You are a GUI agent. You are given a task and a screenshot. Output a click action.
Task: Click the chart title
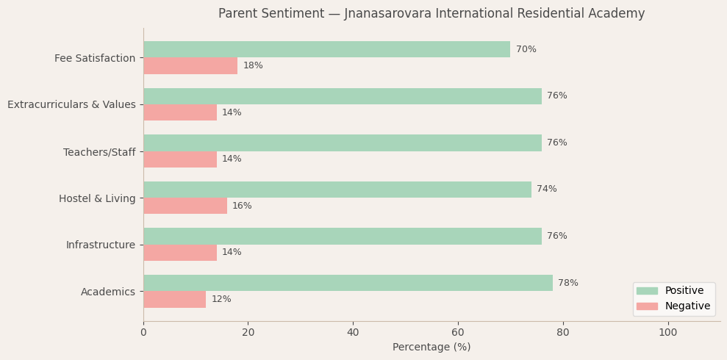click(x=431, y=14)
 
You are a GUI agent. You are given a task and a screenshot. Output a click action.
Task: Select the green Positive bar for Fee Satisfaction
click(x=326, y=49)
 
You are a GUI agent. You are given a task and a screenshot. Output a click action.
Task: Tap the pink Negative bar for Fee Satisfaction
click(x=190, y=66)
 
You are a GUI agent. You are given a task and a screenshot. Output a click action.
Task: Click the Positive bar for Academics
click(x=348, y=283)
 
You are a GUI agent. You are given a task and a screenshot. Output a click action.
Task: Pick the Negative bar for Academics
click(x=174, y=299)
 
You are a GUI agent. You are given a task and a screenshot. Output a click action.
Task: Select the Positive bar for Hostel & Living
click(x=337, y=190)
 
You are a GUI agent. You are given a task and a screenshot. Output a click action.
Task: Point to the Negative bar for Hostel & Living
click(x=185, y=206)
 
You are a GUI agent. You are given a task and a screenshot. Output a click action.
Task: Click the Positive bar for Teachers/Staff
click(x=342, y=143)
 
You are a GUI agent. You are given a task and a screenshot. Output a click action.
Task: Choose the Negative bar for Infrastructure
click(x=180, y=253)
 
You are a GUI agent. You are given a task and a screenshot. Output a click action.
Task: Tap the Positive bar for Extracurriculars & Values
click(x=342, y=96)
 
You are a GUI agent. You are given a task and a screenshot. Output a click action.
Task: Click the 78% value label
click(x=567, y=284)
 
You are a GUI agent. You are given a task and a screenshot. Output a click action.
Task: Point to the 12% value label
click(x=221, y=300)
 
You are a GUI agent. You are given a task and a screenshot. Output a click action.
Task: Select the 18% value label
click(x=253, y=66)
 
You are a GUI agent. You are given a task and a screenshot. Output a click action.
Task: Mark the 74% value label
click(x=546, y=190)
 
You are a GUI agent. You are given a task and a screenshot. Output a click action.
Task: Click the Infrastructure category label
click(x=101, y=245)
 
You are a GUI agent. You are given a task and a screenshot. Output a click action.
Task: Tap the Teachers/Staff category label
click(x=99, y=152)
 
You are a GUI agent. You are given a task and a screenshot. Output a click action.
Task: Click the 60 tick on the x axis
click(x=458, y=333)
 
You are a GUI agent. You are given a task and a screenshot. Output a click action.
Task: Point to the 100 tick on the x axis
click(x=667, y=333)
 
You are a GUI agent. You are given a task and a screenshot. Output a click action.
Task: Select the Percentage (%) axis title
click(x=431, y=348)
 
